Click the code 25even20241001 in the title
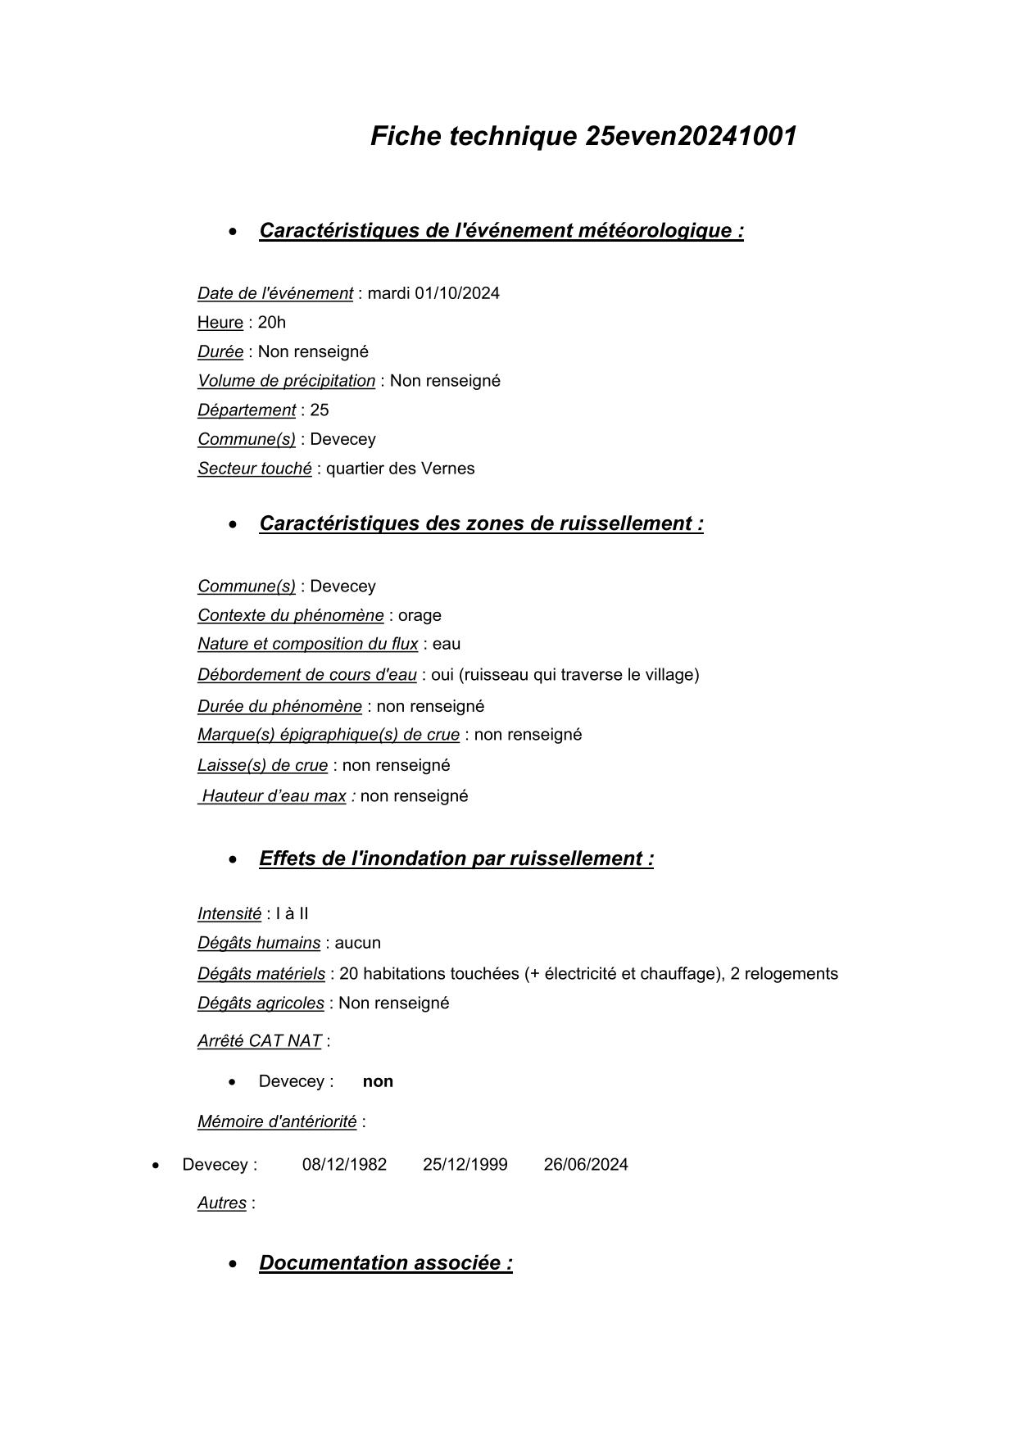(x=691, y=136)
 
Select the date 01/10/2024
(x=456, y=293)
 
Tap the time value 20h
(x=271, y=323)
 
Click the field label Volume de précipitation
(x=286, y=381)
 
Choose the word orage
(x=420, y=615)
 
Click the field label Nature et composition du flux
(x=307, y=644)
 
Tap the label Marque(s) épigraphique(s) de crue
(x=328, y=735)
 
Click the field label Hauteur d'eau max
(x=274, y=796)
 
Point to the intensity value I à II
(x=292, y=914)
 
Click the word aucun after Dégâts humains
(x=357, y=943)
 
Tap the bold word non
(x=378, y=1081)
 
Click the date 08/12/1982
(x=344, y=1165)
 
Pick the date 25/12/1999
(x=465, y=1165)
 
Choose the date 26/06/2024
(x=586, y=1165)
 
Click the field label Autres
(x=222, y=1203)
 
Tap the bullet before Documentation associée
(x=235, y=1264)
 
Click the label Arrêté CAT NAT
(x=259, y=1041)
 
